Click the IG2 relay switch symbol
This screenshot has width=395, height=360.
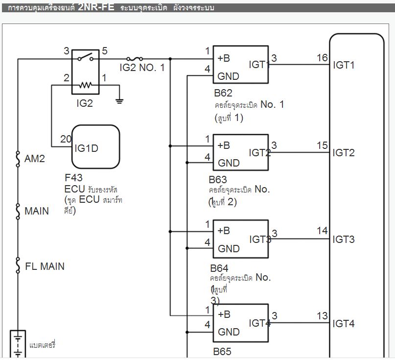tap(85, 58)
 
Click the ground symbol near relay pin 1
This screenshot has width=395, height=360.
tap(119, 101)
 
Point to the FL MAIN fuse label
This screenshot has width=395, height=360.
tap(45, 266)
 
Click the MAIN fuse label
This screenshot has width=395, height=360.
tap(37, 211)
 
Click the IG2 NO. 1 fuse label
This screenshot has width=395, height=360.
tap(142, 68)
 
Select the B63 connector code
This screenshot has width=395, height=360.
tap(218, 180)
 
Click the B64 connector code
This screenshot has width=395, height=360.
tap(219, 268)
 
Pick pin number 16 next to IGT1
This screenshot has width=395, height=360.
tap(322, 58)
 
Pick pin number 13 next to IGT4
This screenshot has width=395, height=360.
tap(322, 316)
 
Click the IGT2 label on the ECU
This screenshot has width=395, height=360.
tap(344, 153)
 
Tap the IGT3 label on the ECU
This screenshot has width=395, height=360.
tap(344, 239)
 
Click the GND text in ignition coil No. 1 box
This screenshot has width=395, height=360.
tap(228, 76)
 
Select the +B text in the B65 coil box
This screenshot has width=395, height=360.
tap(223, 314)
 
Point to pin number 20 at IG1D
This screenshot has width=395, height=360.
tap(66, 139)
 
